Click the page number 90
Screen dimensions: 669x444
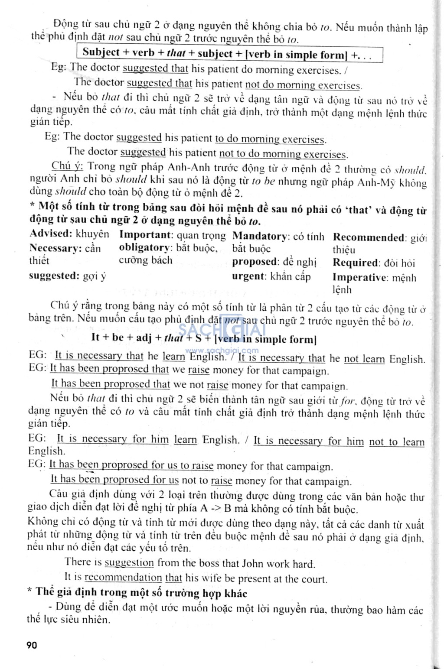tap(32, 645)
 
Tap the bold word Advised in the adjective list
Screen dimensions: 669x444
tap(51, 234)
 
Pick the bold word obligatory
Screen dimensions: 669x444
tap(145, 248)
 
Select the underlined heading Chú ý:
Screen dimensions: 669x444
tap(67, 166)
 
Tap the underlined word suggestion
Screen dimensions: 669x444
tap(129, 563)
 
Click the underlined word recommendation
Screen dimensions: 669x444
tap(123, 578)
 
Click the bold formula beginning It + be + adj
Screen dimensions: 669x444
tap(204, 338)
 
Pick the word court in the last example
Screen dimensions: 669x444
tap(312, 579)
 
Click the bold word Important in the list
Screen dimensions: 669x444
tap(146, 235)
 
